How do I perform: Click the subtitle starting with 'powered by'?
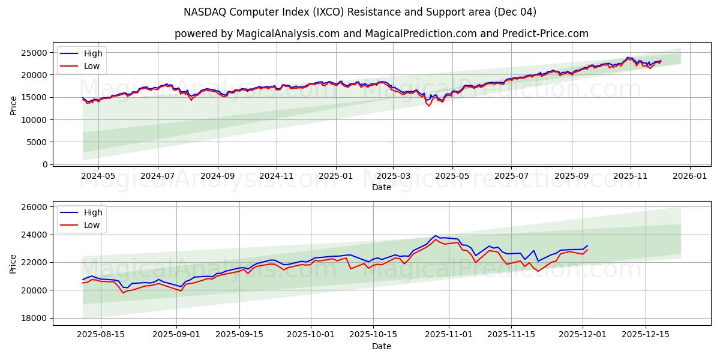click(x=382, y=34)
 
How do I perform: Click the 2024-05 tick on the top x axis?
click(x=98, y=176)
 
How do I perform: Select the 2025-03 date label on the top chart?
click(x=394, y=176)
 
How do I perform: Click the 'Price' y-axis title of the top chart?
click(x=13, y=105)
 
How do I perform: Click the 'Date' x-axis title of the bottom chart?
click(x=382, y=346)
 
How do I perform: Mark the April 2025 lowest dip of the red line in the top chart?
click(x=428, y=106)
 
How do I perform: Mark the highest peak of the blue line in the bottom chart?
click(x=436, y=236)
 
